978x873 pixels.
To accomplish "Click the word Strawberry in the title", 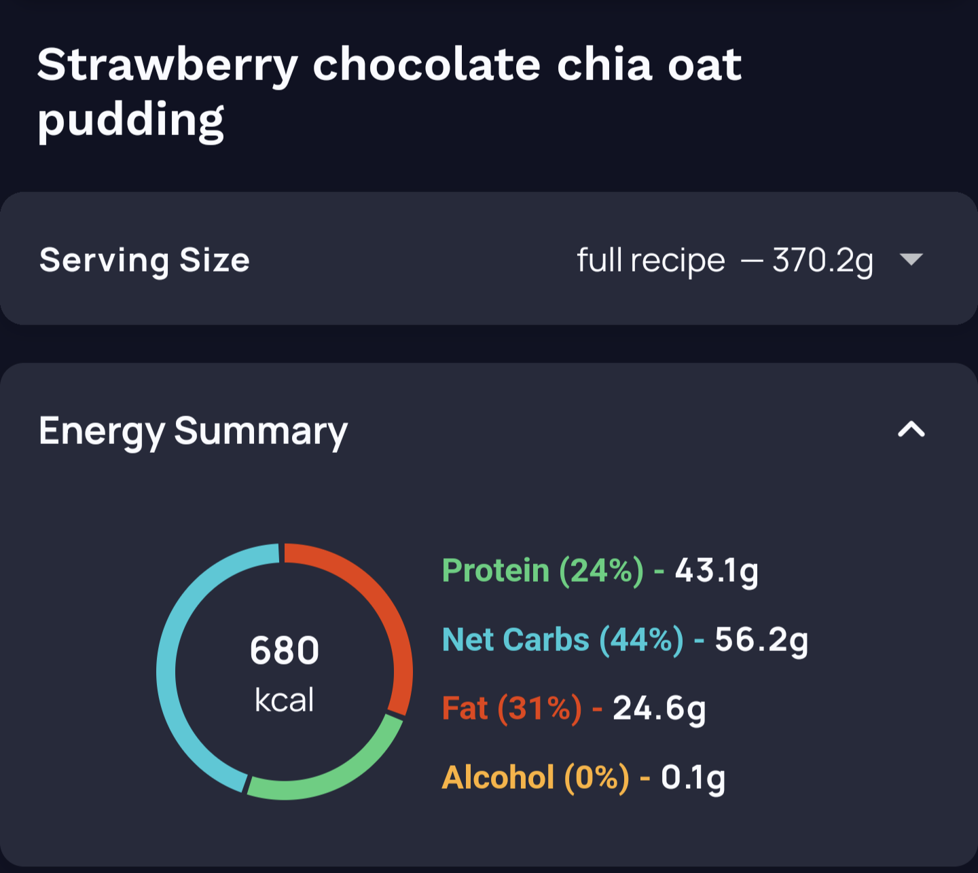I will pyautogui.click(x=167, y=67).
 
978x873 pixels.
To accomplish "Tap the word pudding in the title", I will pyautogui.click(x=130, y=121).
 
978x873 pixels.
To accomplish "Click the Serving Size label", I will pyautogui.click(x=145, y=260).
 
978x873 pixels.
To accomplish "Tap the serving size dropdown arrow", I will pyautogui.click(x=911, y=259).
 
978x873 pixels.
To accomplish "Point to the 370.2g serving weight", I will pyautogui.click(x=822, y=261).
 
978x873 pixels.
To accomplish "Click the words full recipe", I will pyautogui.click(x=651, y=261).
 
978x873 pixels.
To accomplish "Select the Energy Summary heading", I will pyautogui.click(x=193, y=431).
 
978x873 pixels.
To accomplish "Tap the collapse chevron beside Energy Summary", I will pyautogui.click(x=911, y=429).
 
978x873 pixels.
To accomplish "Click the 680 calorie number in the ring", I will pyautogui.click(x=285, y=650).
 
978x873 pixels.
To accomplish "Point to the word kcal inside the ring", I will pyautogui.click(x=285, y=700).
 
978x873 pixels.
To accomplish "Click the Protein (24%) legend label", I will pyautogui.click(x=543, y=570).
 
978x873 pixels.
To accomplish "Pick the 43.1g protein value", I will pyautogui.click(x=717, y=571).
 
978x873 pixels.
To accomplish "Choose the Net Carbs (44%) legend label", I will pyautogui.click(x=562, y=640).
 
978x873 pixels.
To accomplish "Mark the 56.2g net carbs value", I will pyautogui.click(x=761, y=640).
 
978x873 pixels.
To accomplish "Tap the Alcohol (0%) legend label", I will pyautogui.click(x=535, y=778).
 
